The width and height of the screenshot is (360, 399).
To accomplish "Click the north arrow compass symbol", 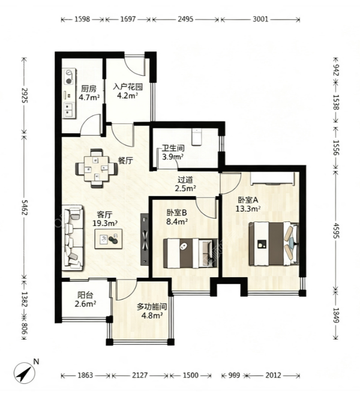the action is [x=25, y=374].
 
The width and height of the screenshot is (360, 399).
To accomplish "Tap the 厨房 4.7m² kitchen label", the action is [x=89, y=93].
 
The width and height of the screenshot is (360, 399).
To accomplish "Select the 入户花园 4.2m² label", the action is [x=127, y=91].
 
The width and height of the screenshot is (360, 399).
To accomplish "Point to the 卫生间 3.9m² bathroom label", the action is [x=173, y=152].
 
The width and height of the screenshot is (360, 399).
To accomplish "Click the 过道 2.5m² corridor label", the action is [x=185, y=184].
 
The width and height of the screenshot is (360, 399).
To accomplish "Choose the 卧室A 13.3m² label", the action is [x=248, y=204].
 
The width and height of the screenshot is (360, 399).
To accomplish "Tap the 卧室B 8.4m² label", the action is [x=177, y=217].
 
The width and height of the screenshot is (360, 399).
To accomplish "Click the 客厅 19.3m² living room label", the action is [x=105, y=219].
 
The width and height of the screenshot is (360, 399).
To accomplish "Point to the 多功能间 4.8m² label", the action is [x=152, y=311].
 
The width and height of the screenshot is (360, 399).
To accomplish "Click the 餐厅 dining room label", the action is [x=125, y=161].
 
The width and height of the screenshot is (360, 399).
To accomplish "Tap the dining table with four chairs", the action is [x=97, y=168].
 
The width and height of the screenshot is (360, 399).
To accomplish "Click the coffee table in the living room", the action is [x=109, y=239].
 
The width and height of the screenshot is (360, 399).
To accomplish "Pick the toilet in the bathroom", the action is [x=196, y=137].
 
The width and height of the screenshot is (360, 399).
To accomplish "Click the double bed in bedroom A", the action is [x=274, y=244].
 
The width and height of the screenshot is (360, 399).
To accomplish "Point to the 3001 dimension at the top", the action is [x=260, y=19].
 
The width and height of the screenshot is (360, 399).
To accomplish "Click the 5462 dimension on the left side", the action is [x=25, y=207].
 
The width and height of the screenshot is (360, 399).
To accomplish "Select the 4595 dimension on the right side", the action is [x=337, y=231].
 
